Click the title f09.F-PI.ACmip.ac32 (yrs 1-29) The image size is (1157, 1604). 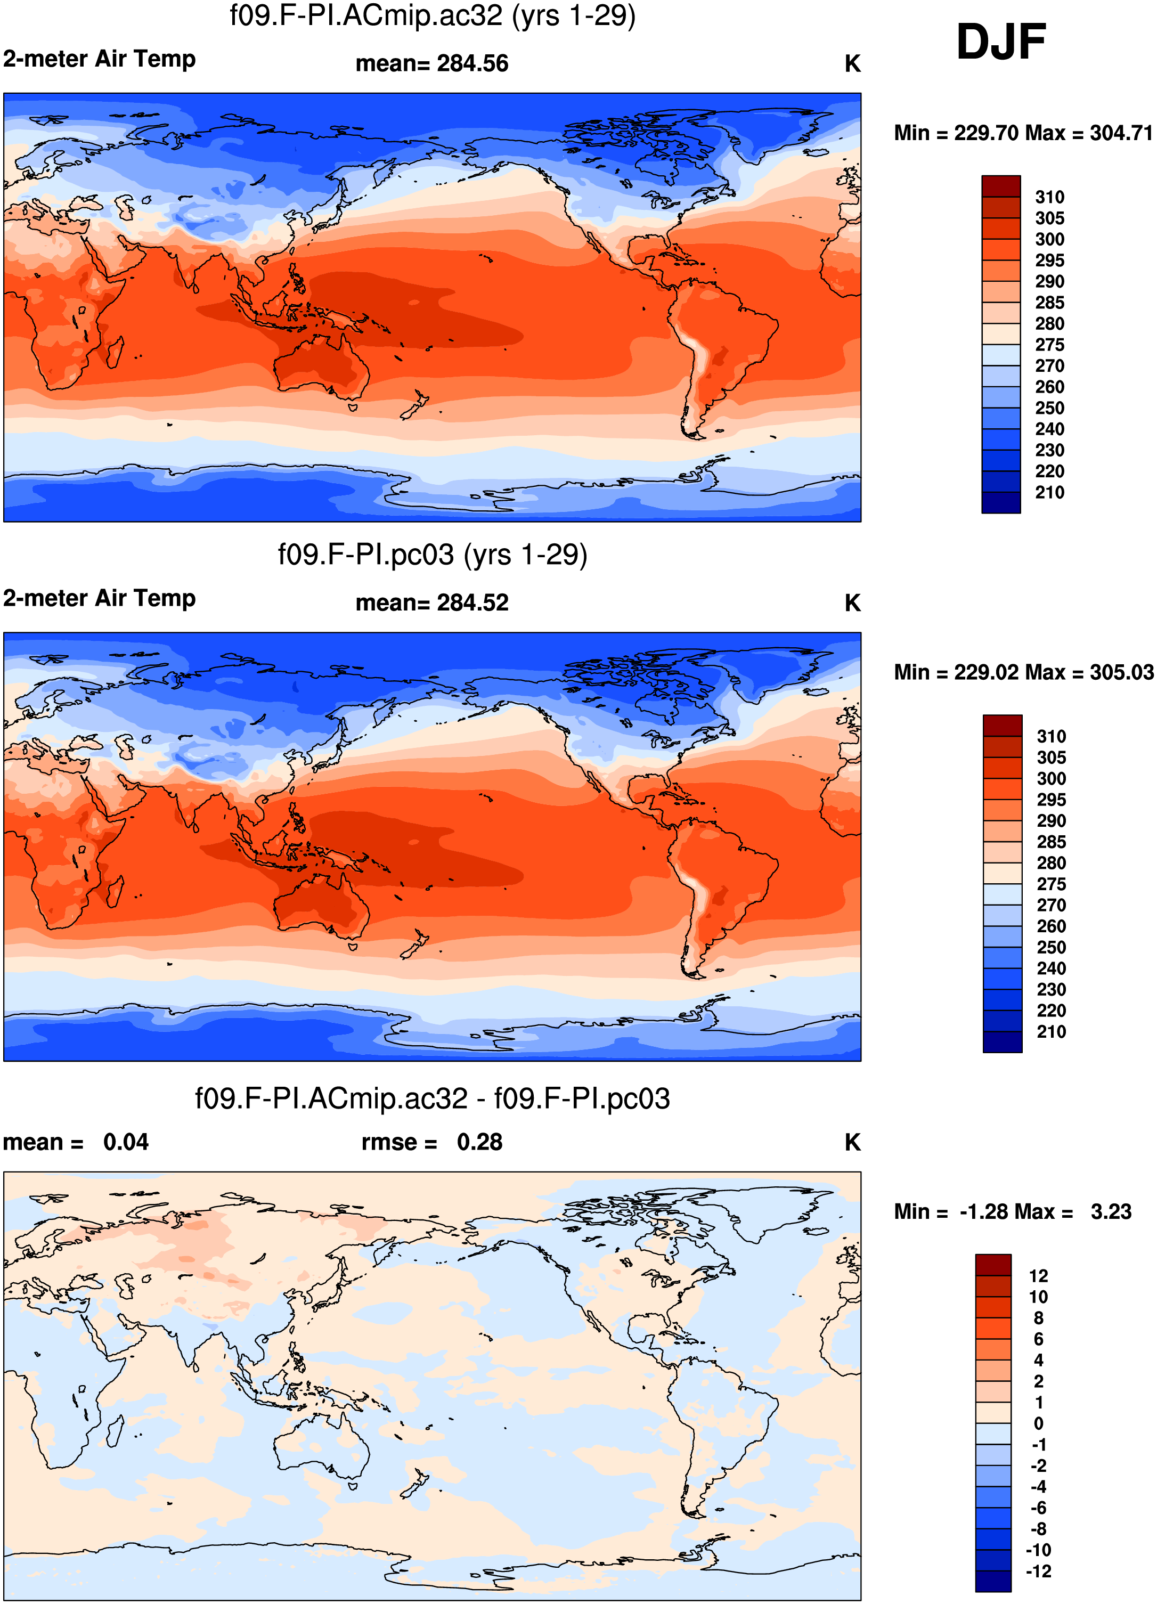(x=433, y=15)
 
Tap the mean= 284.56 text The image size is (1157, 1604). (x=432, y=63)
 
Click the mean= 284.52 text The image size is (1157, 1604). (x=432, y=602)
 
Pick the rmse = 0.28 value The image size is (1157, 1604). (x=432, y=1142)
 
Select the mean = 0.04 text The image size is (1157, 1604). (x=76, y=1142)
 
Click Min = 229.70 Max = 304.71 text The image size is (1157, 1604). (x=1023, y=133)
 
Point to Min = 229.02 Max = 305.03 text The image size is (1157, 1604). (x=1023, y=672)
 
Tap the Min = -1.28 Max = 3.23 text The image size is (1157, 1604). (x=1013, y=1211)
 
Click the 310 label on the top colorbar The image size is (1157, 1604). (x=1049, y=197)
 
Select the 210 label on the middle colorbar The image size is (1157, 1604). (x=1052, y=1032)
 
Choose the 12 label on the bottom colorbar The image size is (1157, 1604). (x=1038, y=1276)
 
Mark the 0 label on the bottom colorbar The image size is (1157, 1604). (x=1038, y=1423)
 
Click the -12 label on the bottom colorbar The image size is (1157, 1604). (x=1038, y=1571)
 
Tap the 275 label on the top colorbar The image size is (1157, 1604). (x=1049, y=345)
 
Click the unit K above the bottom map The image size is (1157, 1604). (x=852, y=1142)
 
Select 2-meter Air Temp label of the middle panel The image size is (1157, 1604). (x=99, y=598)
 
